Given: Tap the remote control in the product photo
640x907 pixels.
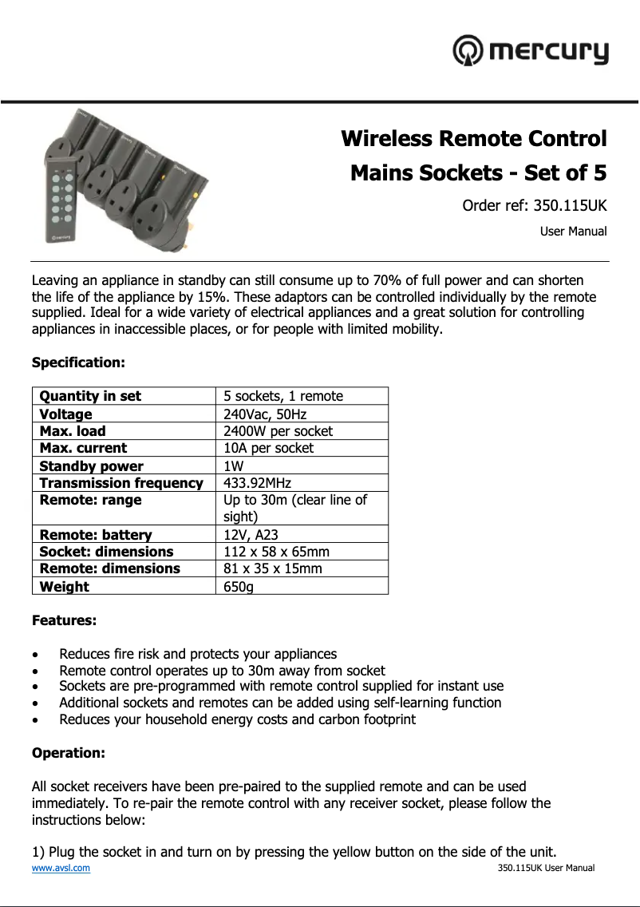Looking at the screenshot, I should pos(58,203).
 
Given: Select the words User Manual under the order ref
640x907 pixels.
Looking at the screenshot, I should pos(573,232).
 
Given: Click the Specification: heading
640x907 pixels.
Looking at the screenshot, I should pos(78,362).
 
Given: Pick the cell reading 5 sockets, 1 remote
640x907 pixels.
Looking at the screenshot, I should pos(283,396).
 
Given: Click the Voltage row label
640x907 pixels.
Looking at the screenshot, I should pos(66,414).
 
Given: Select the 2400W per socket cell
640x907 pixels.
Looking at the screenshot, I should pos(279,431).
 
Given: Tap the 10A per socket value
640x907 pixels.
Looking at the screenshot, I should pos(269,448).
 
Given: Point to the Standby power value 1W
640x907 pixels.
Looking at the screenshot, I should pos(234,466).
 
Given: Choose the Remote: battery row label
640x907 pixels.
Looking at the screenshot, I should pos(96,535).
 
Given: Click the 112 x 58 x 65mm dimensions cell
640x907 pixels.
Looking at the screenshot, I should pos(277,552).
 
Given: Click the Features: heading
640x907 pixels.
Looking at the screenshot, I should pos(64,620).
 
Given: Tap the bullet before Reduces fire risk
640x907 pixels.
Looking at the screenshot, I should pos(36,655).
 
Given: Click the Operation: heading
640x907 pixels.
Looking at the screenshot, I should pos(68,753).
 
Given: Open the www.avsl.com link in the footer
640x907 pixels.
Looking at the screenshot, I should pos(61,868).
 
